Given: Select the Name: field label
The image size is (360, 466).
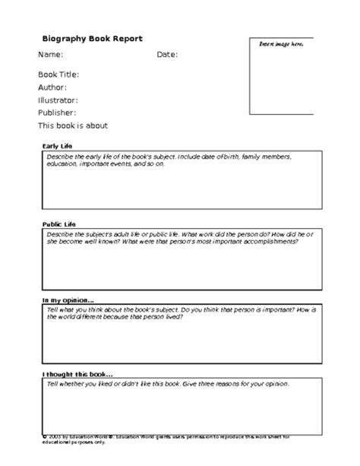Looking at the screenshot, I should click(50, 55).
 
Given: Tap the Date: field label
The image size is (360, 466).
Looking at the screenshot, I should click(167, 55).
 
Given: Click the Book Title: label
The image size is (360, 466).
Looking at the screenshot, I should click(58, 75).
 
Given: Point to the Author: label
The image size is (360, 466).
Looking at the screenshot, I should click(52, 87).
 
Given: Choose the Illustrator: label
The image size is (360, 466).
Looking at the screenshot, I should click(58, 100).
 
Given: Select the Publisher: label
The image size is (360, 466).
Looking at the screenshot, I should click(57, 113).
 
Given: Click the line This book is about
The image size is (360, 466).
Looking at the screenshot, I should click(73, 125).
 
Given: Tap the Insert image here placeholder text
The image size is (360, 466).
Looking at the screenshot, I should click(281, 45).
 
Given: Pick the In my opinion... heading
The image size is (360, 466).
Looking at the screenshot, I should click(68, 300).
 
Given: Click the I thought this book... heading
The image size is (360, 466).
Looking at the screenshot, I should click(77, 374).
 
